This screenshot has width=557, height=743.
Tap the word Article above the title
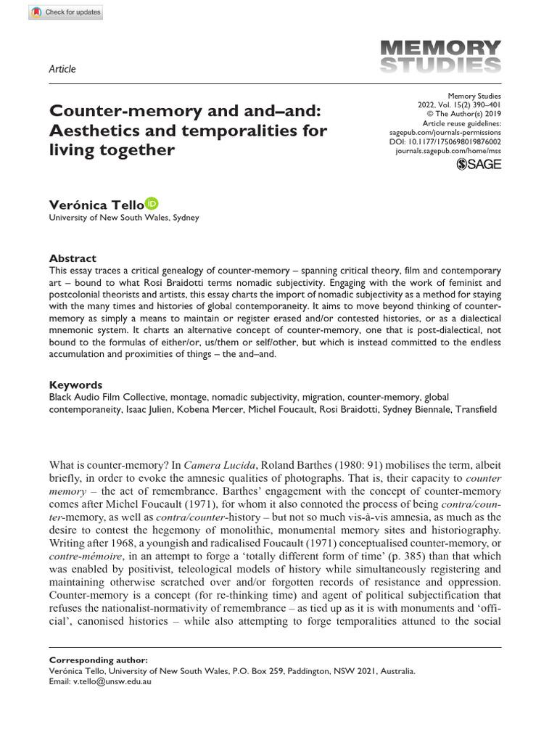[62, 69]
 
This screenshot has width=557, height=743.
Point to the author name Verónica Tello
[96, 205]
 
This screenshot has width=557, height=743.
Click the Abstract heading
[72, 258]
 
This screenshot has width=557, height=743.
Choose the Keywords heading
[75, 385]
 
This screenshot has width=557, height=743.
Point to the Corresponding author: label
[98, 660]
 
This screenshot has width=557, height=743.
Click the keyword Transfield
[471, 409]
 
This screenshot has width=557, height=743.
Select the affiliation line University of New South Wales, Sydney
[123, 217]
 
